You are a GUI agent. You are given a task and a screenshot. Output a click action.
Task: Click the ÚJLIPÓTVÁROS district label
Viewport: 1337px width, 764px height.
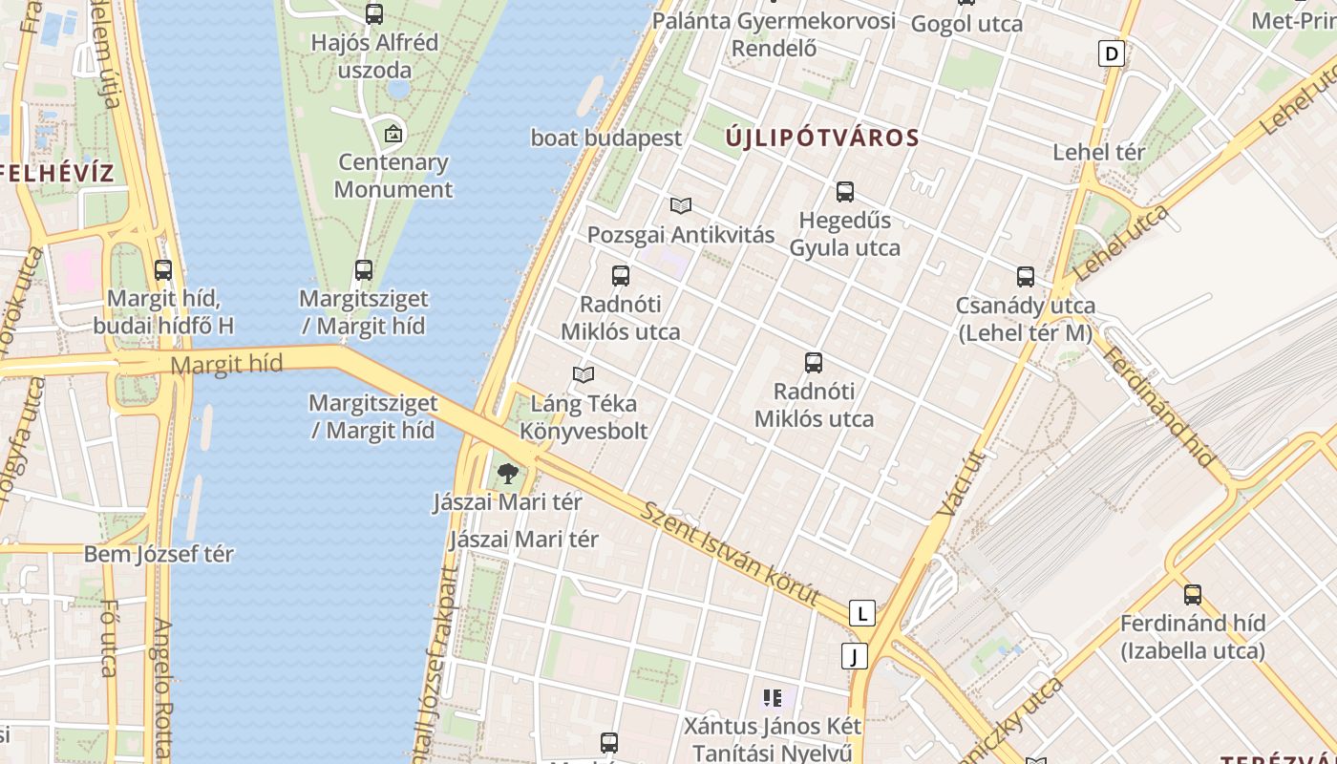click(x=822, y=138)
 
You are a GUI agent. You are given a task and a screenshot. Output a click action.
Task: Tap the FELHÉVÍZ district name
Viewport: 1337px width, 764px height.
click(x=55, y=174)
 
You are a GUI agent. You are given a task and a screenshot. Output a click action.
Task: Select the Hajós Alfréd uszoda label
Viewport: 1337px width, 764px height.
click(x=374, y=56)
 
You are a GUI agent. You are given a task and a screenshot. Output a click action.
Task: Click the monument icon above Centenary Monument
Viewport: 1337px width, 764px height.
click(x=393, y=133)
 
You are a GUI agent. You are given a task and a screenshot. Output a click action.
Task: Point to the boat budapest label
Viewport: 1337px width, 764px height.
click(x=606, y=138)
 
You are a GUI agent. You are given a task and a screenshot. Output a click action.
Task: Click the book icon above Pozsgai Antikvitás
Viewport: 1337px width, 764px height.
click(x=681, y=205)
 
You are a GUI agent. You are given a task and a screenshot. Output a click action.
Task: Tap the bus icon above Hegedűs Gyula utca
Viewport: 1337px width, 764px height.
click(x=845, y=192)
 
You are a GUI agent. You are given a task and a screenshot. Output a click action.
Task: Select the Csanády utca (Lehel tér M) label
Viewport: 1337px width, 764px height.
click(x=1025, y=319)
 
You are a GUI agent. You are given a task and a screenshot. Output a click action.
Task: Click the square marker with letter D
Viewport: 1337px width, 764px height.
click(x=1111, y=53)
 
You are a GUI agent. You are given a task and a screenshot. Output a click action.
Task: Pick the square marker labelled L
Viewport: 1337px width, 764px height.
click(x=861, y=613)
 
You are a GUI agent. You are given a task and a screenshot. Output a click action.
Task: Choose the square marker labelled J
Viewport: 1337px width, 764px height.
click(x=854, y=656)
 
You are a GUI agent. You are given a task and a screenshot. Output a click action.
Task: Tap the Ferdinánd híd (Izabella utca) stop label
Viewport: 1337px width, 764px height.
click(x=1192, y=637)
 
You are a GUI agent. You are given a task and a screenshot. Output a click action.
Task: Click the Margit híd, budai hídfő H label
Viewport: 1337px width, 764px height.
click(x=163, y=311)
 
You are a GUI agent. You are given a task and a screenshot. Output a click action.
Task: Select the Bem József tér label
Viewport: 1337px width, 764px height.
click(x=159, y=554)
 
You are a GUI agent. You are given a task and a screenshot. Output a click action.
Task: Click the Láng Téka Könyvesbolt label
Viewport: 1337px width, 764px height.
click(x=584, y=416)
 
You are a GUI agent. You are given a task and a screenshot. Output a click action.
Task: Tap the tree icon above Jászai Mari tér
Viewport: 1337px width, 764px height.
click(x=508, y=472)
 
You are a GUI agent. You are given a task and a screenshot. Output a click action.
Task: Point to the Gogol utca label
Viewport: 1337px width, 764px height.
click(x=966, y=24)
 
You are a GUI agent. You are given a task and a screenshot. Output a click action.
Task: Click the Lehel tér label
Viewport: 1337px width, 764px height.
click(x=1098, y=152)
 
